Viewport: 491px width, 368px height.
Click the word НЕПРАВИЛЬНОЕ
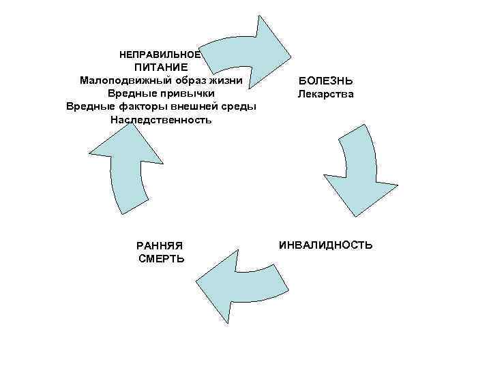[x=160, y=54]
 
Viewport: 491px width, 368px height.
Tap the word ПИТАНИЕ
[x=161, y=67]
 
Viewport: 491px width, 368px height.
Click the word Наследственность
[x=161, y=119]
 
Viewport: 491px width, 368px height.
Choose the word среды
[x=239, y=106]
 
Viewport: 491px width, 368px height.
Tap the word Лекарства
[x=326, y=94]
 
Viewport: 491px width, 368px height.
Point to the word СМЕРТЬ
[x=161, y=259]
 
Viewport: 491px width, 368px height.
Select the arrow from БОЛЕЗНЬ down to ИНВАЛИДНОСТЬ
[x=361, y=174]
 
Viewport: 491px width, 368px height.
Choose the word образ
[x=189, y=80]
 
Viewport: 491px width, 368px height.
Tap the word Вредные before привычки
[x=132, y=93]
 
